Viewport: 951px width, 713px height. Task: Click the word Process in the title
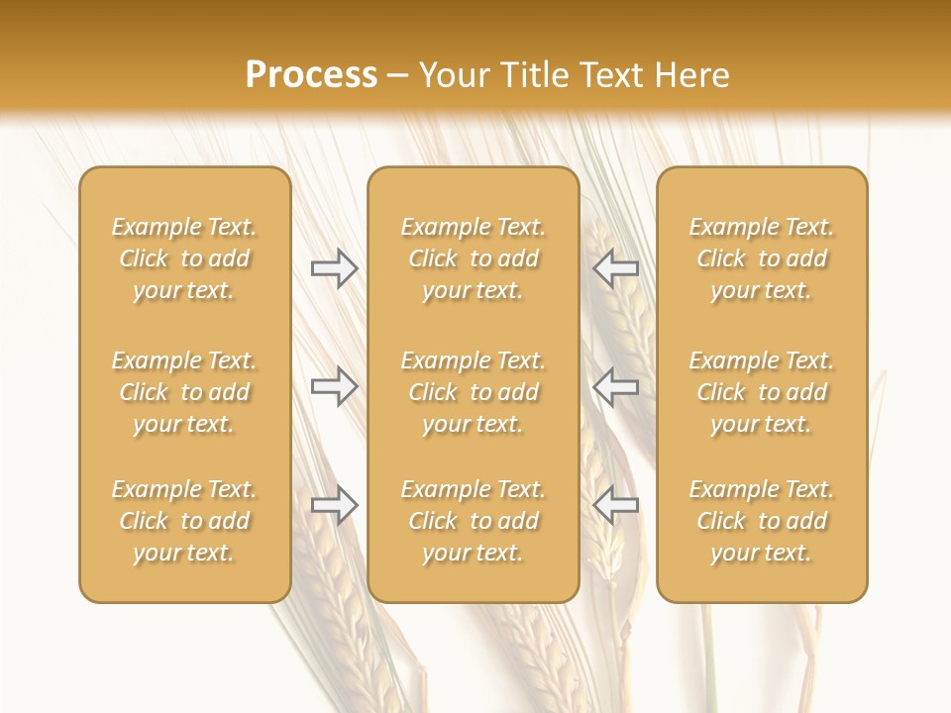click(x=311, y=75)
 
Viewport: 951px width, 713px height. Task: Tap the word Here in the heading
click(x=690, y=75)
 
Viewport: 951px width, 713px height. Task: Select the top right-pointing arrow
click(x=334, y=268)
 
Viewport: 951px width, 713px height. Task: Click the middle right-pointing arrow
click(x=334, y=386)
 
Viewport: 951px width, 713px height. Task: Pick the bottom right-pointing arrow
click(x=334, y=505)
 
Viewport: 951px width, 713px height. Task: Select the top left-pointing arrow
click(x=615, y=268)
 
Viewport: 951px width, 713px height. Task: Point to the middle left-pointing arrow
click(x=615, y=386)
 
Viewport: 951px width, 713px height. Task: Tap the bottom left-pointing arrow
click(x=615, y=505)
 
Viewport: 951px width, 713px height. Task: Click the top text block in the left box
click(x=184, y=258)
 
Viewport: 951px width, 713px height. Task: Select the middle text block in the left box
click(x=184, y=392)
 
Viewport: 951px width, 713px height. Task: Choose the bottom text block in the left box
click(x=184, y=521)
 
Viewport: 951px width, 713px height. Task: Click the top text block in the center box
click(x=473, y=258)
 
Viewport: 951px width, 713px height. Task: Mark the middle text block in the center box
click(x=473, y=392)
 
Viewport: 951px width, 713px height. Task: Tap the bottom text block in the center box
click(x=473, y=521)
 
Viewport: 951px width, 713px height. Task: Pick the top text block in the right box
click(x=761, y=258)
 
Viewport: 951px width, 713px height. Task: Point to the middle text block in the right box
click(x=761, y=392)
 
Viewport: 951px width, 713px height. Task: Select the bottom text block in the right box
click(x=761, y=521)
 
